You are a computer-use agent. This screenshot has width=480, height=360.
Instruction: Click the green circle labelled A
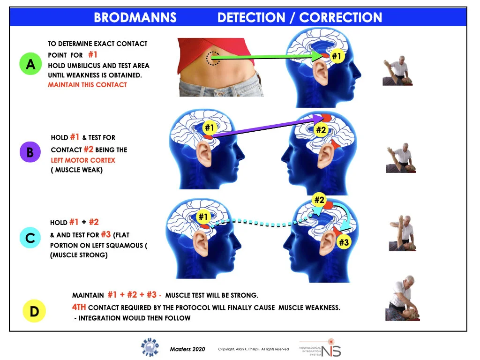click(30, 64)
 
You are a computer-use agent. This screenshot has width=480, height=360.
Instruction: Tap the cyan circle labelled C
click(30, 238)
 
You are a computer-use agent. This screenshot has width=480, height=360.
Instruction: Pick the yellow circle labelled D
click(34, 311)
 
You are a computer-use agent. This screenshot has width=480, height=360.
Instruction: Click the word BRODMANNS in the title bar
click(135, 18)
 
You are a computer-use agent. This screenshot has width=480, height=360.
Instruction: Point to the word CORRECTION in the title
click(340, 18)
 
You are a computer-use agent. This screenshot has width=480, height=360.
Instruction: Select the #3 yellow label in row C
click(344, 242)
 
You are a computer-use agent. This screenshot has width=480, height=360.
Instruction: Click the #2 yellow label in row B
click(321, 130)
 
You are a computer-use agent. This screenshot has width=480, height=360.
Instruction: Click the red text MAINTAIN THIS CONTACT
click(87, 85)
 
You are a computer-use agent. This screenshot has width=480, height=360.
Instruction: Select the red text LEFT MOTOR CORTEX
click(82, 160)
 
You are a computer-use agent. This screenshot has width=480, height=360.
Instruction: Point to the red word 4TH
click(79, 307)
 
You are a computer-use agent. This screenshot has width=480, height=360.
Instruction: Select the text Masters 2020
click(187, 349)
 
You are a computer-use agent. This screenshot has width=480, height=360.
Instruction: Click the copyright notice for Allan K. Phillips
click(253, 349)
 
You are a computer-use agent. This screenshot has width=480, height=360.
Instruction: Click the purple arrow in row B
click(267, 127)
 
